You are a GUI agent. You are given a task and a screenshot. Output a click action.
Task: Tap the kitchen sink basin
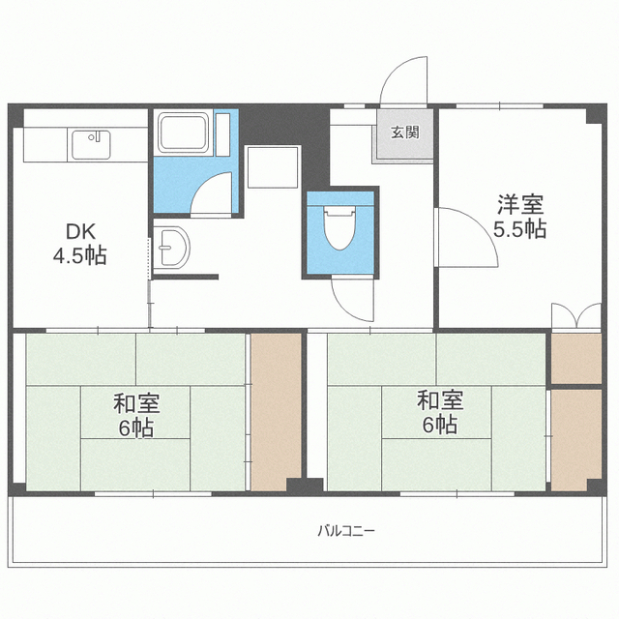click(91, 145)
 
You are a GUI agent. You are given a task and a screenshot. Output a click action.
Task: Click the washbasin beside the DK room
click(172, 248)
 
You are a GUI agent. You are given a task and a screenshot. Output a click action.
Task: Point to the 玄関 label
click(405, 133)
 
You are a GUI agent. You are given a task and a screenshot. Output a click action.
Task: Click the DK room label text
click(80, 231)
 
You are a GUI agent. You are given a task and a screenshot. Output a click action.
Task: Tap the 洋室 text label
click(520, 204)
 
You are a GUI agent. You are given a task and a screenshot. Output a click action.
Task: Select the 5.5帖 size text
click(520, 228)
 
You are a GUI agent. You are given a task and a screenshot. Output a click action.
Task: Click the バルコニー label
click(346, 531)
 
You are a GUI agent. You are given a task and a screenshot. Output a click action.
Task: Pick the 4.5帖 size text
click(80, 255)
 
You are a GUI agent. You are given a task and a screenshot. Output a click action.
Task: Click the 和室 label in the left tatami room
click(136, 403)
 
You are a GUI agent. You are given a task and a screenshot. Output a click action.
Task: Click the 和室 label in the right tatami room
click(441, 399)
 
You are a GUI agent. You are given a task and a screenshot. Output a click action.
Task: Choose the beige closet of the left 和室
click(276, 412)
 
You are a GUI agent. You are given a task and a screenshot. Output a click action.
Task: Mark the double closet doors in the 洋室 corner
click(576, 315)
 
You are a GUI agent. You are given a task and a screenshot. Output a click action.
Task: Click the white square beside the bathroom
click(273, 167)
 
